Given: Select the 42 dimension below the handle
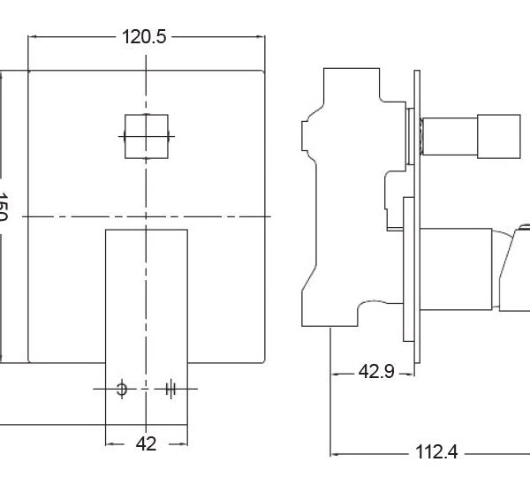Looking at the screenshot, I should pos(146,443).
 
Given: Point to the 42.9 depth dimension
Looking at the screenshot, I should pos(375,374).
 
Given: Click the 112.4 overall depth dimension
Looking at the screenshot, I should pos(436,453).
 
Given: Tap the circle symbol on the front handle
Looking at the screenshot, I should pos(122,388).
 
